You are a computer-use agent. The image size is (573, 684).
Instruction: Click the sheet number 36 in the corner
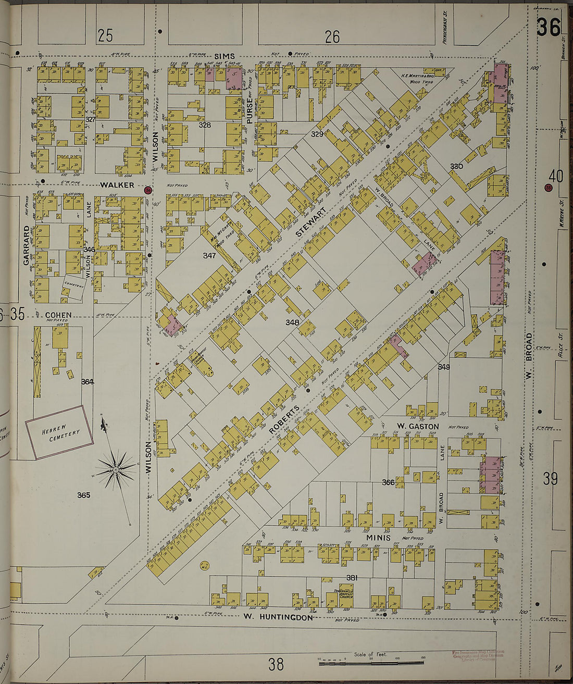pyautogui.click(x=548, y=27)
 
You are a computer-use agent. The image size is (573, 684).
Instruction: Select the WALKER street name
pyautogui.click(x=117, y=185)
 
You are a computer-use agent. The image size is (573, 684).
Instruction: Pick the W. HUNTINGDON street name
pyautogui.click(x=279, y=617)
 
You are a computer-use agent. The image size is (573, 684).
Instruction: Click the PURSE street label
pyautogui.click(x=250, y=111)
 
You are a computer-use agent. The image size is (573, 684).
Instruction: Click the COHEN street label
pyautogui.click(x=58, y=315)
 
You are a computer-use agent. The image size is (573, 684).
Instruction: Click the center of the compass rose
pyautogui.click(x=116, y=470)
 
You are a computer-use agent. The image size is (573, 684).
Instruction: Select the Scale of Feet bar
pyautogui.click(x=371, y=662)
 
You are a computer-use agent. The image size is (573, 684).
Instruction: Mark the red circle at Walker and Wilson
pyautogui.click(x=148, y=190)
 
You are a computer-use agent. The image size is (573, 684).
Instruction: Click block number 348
pyautogui.click(x=292, y=322)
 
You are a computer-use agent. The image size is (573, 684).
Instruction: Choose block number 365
pyautogui.click(x=84, y=495)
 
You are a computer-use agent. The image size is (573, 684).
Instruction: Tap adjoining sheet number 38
pyautogui.click(x=276, y=664)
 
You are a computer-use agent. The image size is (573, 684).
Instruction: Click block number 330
pyautogui.click(x=457, y=166)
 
